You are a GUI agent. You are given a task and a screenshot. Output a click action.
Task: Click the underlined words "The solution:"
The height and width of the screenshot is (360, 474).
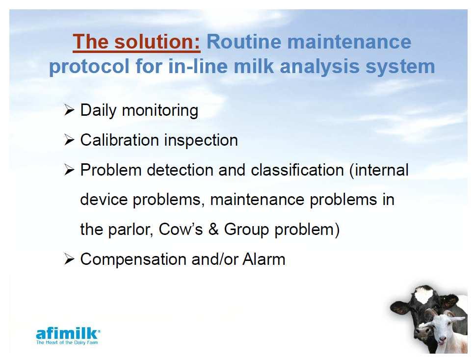pos(136,42)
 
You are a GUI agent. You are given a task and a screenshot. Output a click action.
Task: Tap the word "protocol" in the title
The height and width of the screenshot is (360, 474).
pos(89,67)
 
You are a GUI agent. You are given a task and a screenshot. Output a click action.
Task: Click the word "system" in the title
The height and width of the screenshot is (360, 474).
pos(400,67)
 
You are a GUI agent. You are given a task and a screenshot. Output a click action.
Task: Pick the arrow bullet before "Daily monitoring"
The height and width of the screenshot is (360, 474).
pos(69,110)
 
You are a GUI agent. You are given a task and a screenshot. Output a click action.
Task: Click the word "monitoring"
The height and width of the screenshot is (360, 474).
pos(160,111)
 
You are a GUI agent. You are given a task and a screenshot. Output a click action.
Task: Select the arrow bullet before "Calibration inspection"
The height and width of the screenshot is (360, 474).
pos(69,140)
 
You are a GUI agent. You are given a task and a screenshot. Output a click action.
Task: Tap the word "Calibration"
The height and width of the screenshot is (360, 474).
pos(119,140)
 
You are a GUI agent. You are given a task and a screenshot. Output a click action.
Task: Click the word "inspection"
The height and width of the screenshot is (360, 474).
pos(201,141)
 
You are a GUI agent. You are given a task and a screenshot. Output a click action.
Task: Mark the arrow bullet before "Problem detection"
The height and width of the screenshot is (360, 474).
pos(69,170)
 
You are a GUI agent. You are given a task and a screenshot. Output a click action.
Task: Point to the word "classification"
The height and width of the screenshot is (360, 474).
pos(297,170)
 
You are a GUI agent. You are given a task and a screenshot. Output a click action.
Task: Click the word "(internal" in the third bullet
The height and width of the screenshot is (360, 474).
pos(379,170)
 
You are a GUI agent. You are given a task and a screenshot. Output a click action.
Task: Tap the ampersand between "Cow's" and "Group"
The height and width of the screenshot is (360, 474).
pos(213,229)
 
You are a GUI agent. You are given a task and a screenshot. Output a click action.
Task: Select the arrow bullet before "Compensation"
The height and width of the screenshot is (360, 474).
pos(69,259)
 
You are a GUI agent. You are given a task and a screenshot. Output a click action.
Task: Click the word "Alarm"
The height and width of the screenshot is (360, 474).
pos(264,259)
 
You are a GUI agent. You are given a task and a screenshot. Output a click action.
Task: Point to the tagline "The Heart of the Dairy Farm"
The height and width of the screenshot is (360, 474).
pos(67,342)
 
